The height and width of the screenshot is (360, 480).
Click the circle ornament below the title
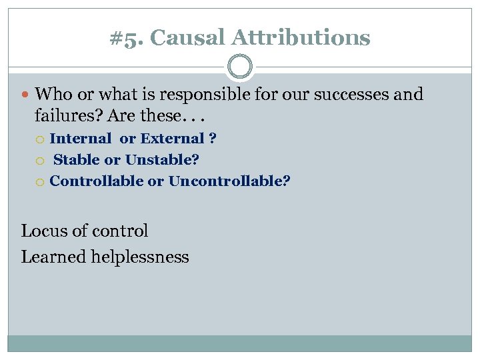240,67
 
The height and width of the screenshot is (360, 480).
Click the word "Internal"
81,139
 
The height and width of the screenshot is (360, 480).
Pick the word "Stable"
75,160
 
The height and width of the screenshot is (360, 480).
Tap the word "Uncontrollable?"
229,181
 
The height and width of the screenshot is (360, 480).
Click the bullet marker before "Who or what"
26,95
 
